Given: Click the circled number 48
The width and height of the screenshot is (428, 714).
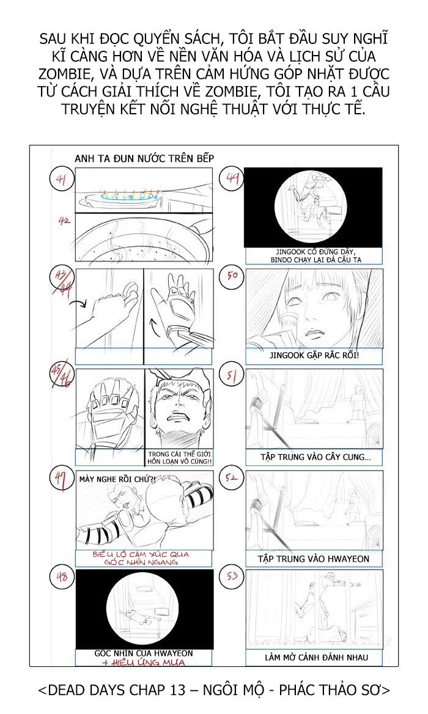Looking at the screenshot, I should (61, 577).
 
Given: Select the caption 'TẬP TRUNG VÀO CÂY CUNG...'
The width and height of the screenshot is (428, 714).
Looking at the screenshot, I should (314, 457).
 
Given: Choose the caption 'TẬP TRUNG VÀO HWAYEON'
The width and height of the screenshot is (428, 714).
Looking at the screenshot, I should (314, 559).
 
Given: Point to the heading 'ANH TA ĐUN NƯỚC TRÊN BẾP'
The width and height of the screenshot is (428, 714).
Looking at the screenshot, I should (144, 158).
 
